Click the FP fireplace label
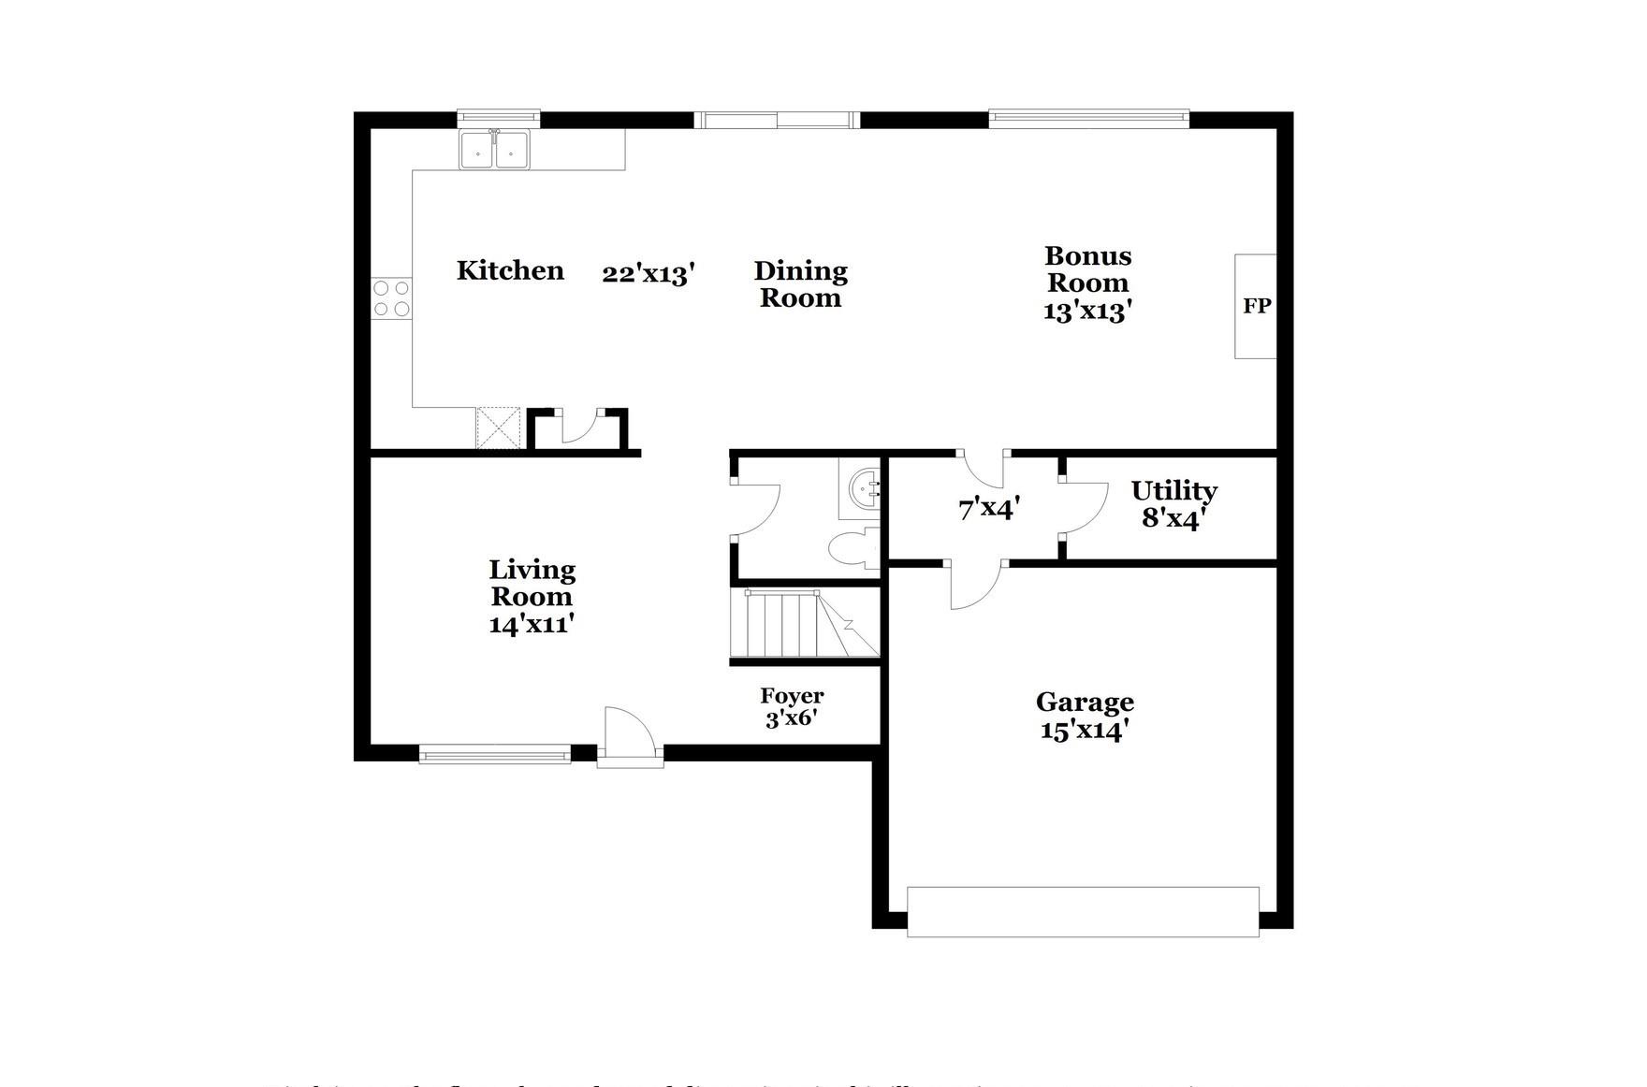pyautogui.click(x=1256, y=306)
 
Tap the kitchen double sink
pyautogui.click(x=494, y=150)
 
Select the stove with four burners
pyautogui.click(x=391, y=298)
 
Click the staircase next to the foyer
pyautogui.click(x=803, y=624)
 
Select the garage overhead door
pyautogui.click(x=1083, y=911)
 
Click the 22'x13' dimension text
pyautogui.click(x=648, y=274)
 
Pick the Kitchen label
pyautogui.click(x=510, y=271)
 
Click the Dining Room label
pyautogui.click(x=800, y=284)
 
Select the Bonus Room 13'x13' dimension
pyautogui.click(x=1087, y=312)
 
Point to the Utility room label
pyautogui.click(x=1173, y=491)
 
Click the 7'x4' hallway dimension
pyautogui.click(x=988, y=510)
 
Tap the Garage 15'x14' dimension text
pyautogui.click(x=1084, y=730)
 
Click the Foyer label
pyautogui.click(x=792, y=696)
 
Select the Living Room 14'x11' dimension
pyautogui.click(x=531, y=624)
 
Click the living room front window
pyautogui.click(x=494, y=754)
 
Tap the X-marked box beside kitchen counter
pyautogui.click(x=498, y=428)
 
